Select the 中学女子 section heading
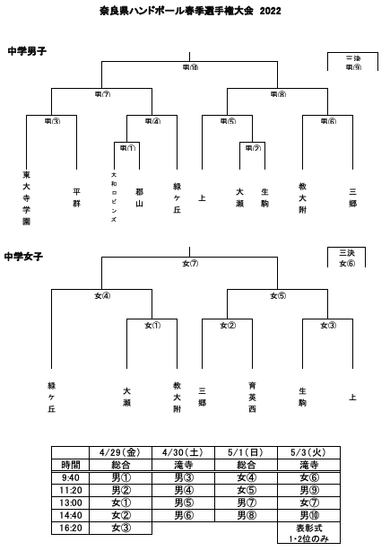click(x=25, y=256)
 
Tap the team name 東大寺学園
click(x=26, y=197)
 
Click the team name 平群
click(x=76, y=197)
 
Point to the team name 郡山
click(x=139, y=197)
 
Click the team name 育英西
click(x=252, y=397)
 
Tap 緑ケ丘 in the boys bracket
click(x=177, y=197)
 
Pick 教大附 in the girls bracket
click(x=177, y=397)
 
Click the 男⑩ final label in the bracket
click(x=190, y=67)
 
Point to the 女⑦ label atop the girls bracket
click(x=190, y=263)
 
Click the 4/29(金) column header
click(x=121, y=453)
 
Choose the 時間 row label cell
click(x=70, y=466)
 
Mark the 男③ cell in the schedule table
click(x=184, y=478)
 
